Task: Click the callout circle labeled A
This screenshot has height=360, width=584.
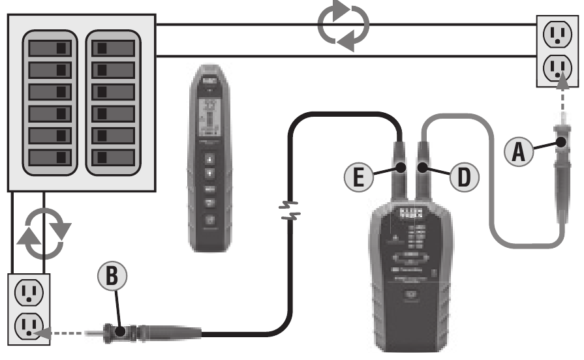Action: [519, 153]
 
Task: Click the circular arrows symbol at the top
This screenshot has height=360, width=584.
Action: [343, 26]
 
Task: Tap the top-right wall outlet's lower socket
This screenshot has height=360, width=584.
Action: [557, 67]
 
